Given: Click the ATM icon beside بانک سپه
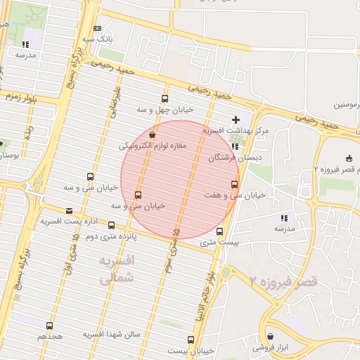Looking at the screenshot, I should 97,28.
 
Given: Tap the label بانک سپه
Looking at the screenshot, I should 97,39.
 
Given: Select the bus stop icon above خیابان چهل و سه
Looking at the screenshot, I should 165,99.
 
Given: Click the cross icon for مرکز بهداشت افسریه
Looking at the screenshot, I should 235,120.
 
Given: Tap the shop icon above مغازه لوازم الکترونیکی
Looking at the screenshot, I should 153,134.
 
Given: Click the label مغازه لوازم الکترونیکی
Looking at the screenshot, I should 152,146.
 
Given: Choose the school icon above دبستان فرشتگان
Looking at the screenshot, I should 235,147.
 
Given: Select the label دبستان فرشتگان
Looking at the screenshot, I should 235,158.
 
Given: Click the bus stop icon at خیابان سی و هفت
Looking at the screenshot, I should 234,184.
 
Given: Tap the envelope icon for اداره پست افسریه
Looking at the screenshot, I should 69,210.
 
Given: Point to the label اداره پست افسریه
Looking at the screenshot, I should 69,221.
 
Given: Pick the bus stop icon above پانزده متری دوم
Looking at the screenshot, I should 112,225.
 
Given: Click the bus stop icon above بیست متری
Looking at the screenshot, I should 219,231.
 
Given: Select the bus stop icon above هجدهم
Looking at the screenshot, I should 49,326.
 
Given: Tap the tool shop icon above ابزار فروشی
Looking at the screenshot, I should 270,336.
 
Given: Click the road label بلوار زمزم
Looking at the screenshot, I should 22,96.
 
